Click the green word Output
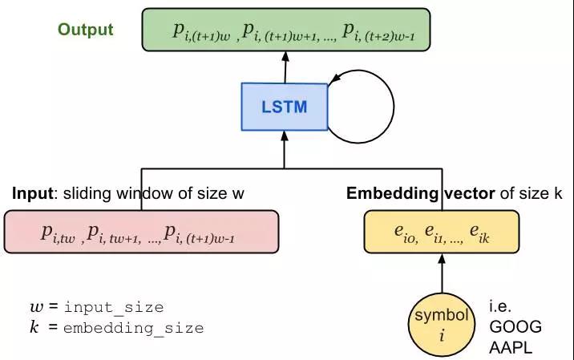[x=85, y=30]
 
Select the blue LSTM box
[x=285, y=107]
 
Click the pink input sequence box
[x=141, y=233]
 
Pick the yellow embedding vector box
[x=443, y=233]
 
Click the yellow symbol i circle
[x=441, y=325]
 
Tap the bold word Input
[x=32, y=194]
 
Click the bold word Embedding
[x=391, y=194]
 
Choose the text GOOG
[x=515, y=327]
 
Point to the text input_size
[x=114, y=307]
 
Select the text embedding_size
[x=133, y=327]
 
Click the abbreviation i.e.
[x=500, y=307]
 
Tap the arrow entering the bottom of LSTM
[x=284, y=144]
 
